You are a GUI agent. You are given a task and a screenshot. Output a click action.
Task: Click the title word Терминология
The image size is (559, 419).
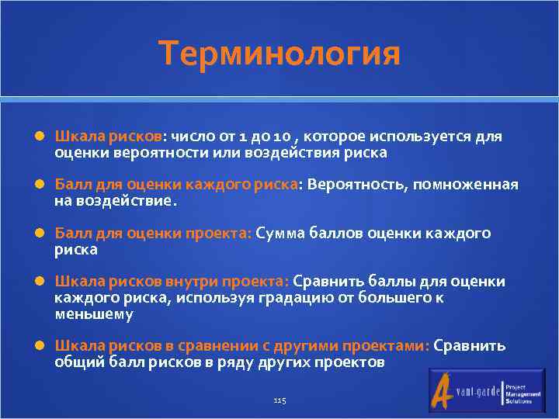click(x=279, y=54)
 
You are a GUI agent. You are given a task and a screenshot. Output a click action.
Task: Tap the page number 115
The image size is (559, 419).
click(x=280, y=400)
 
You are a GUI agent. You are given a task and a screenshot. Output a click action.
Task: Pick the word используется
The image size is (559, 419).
click(x=417, y=137)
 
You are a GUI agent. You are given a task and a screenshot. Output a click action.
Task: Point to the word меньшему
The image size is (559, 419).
click(x=93, y=314)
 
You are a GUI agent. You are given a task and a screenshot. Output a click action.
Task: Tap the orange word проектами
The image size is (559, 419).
click(x=386, y=346)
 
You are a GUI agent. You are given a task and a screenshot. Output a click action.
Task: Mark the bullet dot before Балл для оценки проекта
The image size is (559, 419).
click(x=39, y=234)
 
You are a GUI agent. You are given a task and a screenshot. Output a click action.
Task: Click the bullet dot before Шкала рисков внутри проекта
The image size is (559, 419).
click(x=39, y=282)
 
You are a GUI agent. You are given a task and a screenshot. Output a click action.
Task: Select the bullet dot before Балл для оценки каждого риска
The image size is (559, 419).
click(x=39, y=185)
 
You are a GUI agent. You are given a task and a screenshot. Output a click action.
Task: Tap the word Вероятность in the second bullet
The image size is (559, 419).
click(x=358, y=185)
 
